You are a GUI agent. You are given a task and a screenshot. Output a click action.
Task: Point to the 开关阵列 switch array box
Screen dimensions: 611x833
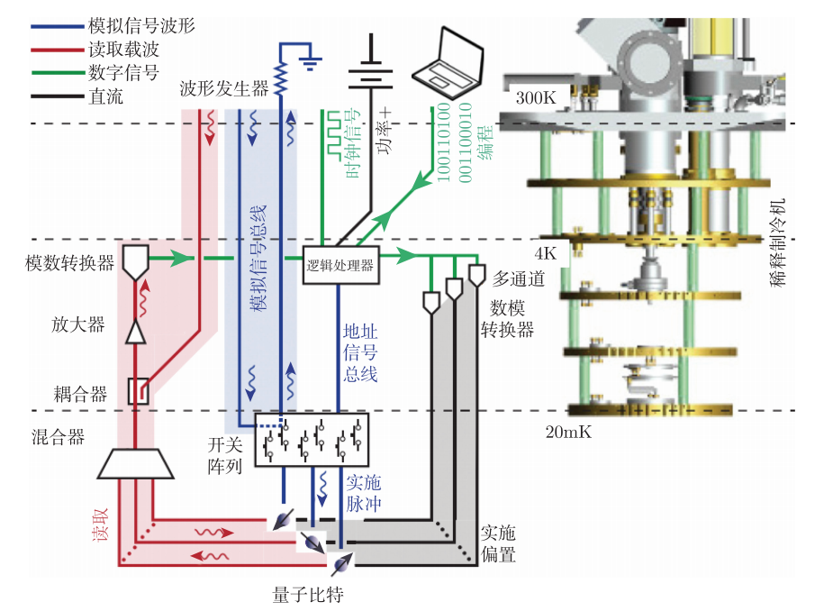(x=312, y=441)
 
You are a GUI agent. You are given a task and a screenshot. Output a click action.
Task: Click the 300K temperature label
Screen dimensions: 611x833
(x=535, y=98)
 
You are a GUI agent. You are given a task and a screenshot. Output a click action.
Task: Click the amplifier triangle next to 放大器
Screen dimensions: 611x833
(x=135, y=333)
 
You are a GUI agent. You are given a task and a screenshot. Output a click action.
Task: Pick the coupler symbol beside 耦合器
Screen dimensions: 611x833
(x=139, y=390)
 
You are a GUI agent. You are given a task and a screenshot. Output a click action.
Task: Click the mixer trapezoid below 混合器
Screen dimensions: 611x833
(x=135, y=464)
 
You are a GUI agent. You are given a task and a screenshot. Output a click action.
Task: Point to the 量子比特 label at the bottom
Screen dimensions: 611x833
(x=308, y=595)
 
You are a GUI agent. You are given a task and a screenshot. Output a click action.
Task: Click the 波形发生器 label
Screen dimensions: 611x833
(x=224, y=88)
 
